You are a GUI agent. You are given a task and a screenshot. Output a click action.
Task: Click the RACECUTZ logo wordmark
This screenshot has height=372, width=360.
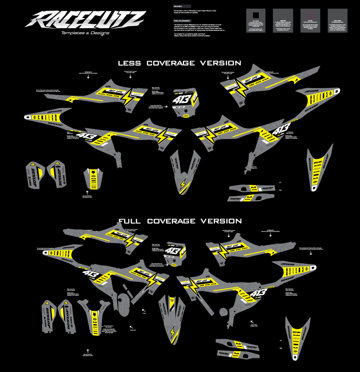(85, 19)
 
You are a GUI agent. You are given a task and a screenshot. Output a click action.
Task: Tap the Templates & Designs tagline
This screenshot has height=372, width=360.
(85, 33)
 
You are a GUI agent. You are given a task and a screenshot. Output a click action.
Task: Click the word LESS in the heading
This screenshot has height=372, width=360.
(130, 63)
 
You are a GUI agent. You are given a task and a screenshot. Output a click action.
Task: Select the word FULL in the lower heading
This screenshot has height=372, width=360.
(130, 221)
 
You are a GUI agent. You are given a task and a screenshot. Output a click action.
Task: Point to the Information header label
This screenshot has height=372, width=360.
(178, 6)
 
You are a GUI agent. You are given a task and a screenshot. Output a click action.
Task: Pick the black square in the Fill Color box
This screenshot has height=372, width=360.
(256, 15)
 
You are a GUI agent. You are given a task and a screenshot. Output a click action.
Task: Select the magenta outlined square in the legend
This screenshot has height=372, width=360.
(310, 15)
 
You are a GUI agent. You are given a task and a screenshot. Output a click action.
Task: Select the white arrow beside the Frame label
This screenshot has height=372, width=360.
(144, 310)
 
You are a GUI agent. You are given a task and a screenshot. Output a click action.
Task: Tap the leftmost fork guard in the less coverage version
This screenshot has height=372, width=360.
(35, 174)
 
